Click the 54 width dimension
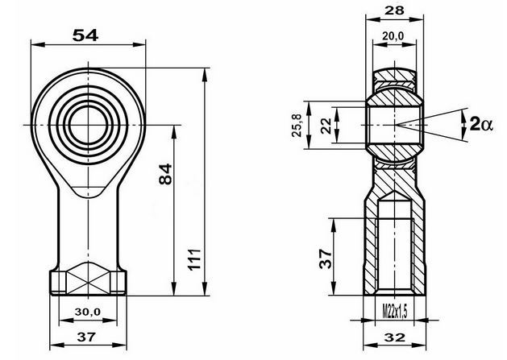point(85,35)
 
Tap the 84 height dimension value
point(165,174)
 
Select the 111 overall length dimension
point(194,259)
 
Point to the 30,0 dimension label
point(88,312)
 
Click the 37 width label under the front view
point(87,337)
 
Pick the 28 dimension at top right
point(394,10)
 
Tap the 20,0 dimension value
point(393,36)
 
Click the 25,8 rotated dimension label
point(297,126)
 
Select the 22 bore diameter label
point(326,126)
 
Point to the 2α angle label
point(481,124)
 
